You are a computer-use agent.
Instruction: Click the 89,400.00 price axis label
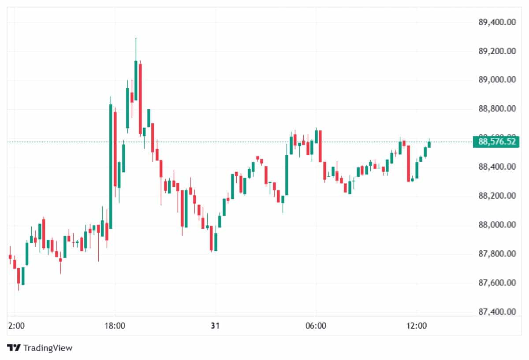coord(497,22)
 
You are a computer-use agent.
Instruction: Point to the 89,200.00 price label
coord(497,51)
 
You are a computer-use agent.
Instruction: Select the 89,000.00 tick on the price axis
coord(497,80)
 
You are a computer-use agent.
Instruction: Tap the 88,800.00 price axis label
coord(497,109)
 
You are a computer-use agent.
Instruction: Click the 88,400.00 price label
coord(497,167)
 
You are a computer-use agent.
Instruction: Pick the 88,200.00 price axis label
coord(497,196)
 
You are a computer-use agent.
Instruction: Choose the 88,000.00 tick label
coord(497,225)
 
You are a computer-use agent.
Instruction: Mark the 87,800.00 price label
coord(497,254)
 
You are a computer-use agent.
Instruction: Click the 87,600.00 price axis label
coord(497,282)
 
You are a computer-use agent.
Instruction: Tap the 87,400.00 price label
coord(497,312)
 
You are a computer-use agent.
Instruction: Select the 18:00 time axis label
coord(115,327)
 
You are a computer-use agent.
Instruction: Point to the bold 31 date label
coord(215,327)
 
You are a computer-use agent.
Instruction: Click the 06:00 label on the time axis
coord(316,327)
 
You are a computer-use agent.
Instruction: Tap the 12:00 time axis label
coord(417,327)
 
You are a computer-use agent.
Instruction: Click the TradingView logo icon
coord(14,348)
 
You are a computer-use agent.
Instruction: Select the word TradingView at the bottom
coord(48,348)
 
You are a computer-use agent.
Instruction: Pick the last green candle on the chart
coord(429,144)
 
